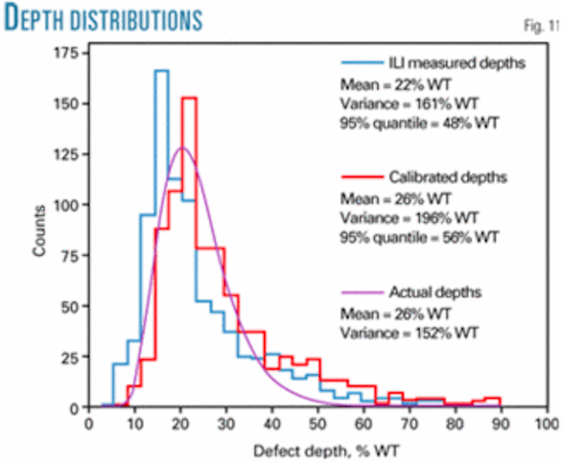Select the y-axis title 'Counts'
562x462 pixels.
pyautogui.click(x=38, y=233)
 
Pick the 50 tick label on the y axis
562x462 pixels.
pyautogui.click(x=68, y=307)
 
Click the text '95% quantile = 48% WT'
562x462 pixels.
pyautogui.click(x=419, y=124)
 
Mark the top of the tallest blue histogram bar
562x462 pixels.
pyautogui.click(x=161, y=72)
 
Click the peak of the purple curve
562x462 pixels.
pyautogui.click(x=181, y=148)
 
